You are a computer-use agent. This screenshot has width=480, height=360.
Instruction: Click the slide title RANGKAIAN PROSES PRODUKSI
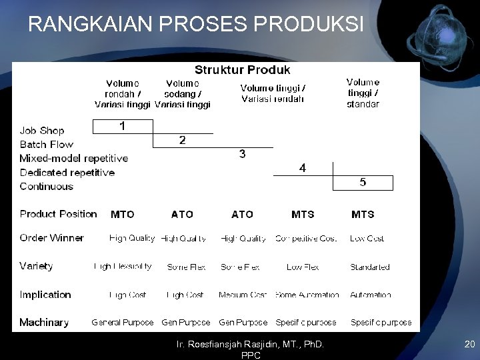[196, 24]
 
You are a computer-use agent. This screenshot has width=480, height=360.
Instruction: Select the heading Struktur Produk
[242, 69]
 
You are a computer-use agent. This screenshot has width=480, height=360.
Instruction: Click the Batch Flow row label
[47, 145]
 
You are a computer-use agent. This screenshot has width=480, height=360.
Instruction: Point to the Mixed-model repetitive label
[73, 159]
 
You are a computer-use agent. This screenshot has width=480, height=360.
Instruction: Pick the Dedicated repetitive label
[67, 173]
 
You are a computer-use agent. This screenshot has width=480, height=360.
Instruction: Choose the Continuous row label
[47, 187]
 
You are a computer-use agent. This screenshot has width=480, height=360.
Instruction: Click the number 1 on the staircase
[122, 125]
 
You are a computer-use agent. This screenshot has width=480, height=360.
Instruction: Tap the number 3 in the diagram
[242, 154]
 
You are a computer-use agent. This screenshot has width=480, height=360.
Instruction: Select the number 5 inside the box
[363, 182]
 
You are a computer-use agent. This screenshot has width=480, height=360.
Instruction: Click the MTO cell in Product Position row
[122, 215]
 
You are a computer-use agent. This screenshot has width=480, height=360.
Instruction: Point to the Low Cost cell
[367, 239]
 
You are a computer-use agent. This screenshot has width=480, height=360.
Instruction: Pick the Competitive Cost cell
[306, 239]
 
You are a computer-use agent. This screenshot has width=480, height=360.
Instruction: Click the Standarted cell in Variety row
[370, 267]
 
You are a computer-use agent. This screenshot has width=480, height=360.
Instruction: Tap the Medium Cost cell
[243, 295]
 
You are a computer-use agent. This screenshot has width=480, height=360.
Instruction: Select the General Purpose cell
[123, 323]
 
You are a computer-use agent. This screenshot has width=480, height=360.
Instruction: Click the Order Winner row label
[52, 238]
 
